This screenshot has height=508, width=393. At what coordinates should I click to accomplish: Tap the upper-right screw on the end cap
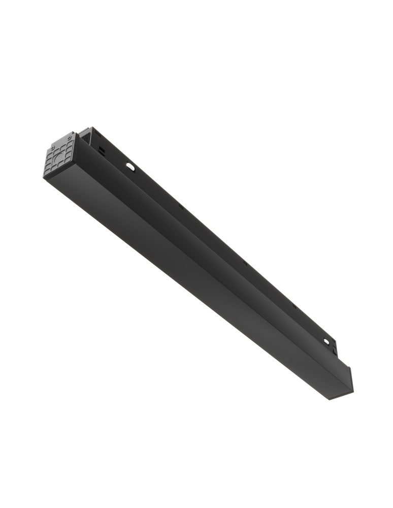click(x=69, y=138)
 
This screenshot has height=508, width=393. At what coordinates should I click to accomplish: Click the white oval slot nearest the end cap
click(x=130, y=166)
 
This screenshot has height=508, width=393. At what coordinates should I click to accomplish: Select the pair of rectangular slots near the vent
click(x=102, y=150)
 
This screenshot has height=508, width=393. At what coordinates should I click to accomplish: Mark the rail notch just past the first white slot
click(x=180, y=207)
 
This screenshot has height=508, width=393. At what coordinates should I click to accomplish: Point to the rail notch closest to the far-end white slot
click(x=293, y=306)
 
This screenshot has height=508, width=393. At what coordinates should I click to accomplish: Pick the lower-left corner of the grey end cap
click(x=44, y=176)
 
